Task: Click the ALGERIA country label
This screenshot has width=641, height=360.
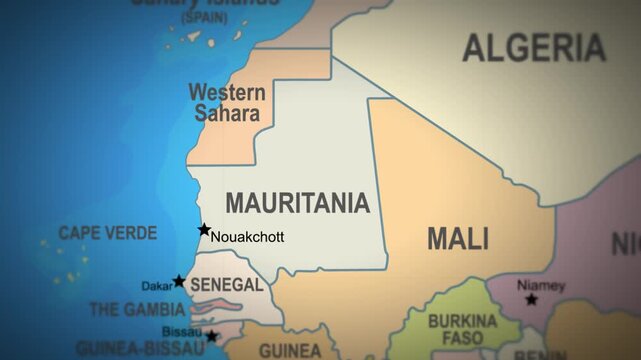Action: tap(534, 47)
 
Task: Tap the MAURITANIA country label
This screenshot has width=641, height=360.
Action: tap(297, 203)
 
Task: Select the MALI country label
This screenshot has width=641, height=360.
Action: tap(458, 238)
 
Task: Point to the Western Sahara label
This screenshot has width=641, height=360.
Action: tap(227, 102)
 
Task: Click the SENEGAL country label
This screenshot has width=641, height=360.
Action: tap(226, 285)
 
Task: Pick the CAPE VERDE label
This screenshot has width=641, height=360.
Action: tap(107, 233)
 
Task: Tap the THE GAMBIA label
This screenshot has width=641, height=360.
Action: tap(137, 310)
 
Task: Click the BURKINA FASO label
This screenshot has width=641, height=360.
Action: tap(462, 331)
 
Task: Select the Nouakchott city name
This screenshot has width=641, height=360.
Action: tap(247, 237)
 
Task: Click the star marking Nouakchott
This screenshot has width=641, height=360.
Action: tap(204, 230)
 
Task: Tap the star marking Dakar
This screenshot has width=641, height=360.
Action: tap(179, 281)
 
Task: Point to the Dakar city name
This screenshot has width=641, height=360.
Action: tap(156, 286)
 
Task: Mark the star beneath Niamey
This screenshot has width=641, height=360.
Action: tap(531, 299)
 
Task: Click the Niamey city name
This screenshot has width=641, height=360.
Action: tap(541, 285)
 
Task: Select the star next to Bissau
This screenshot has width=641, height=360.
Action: tap(211, 336)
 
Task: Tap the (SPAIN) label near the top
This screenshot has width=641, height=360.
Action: tap(204, 18)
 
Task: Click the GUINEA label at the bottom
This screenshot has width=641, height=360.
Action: tap(290, 351)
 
